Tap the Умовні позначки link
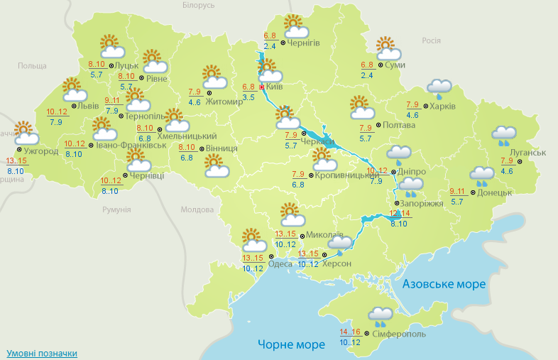tap(41, 353)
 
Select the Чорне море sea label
tap(291, 344)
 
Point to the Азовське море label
tap(444, 284)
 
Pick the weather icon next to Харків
tap(440, 88)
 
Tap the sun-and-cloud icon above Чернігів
tap(295, 27)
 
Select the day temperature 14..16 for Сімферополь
tap(351, 332)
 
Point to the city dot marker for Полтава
tap(378, 126)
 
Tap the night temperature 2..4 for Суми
tap(367, 75)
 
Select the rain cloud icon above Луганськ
tap(504, 134)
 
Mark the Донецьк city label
tap(495, 192)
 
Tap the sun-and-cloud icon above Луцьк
tap(111, 47)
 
